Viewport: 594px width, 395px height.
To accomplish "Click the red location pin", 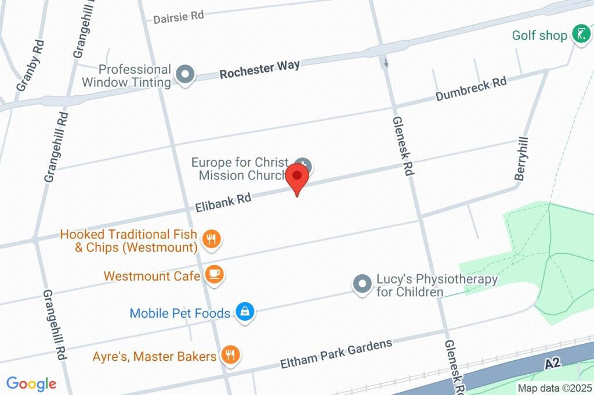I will (x=298, y=176).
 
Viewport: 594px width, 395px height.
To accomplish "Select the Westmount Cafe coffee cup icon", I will (x=215, y=275).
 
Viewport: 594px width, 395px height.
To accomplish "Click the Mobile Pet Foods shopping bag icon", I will (x=245, y=313).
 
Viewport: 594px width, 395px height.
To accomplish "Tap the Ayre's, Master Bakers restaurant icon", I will (x=231, y=355).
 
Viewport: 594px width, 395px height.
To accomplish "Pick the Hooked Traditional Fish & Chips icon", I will (x=211, y=238).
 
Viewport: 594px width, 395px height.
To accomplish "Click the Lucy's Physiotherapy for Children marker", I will (x=363, y=284).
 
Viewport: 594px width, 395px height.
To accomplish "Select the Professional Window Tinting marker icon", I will (x=186, y=74).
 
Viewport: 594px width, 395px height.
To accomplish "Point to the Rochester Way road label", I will (x=260, y=68).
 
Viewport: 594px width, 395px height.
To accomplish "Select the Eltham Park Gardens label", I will (x=336, y=354).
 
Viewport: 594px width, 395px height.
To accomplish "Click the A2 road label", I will (x=554, y=364).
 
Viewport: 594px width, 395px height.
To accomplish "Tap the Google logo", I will (x=31, y=383).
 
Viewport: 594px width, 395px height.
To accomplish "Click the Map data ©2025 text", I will (x=554, y=388).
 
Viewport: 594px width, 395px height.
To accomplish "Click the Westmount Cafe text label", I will (x=152, y=275).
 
